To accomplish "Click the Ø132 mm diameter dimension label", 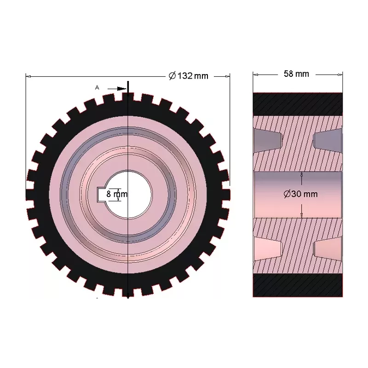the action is pyautogui.click(x=189, y=76).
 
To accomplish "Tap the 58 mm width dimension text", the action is pyautogui.click(x=296, y=74).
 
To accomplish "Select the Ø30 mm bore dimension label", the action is pyautogui.click(x=300, y=194).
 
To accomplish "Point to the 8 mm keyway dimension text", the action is pyautogui.click(x=117, y=194).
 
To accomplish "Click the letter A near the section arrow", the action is pyautogui.click(x=97, y=87).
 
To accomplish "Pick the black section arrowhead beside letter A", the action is pyautogui.click(x=122, y=89).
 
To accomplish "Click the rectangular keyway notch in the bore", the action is pyautogui.click(x=102, y=194).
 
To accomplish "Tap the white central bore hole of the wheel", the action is pyautogui.click(x=129, y=194).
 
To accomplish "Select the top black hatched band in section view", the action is pyautogui.click(x=298, y=104).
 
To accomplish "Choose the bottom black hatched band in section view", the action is pyautogui.click(x=298, y=285).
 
